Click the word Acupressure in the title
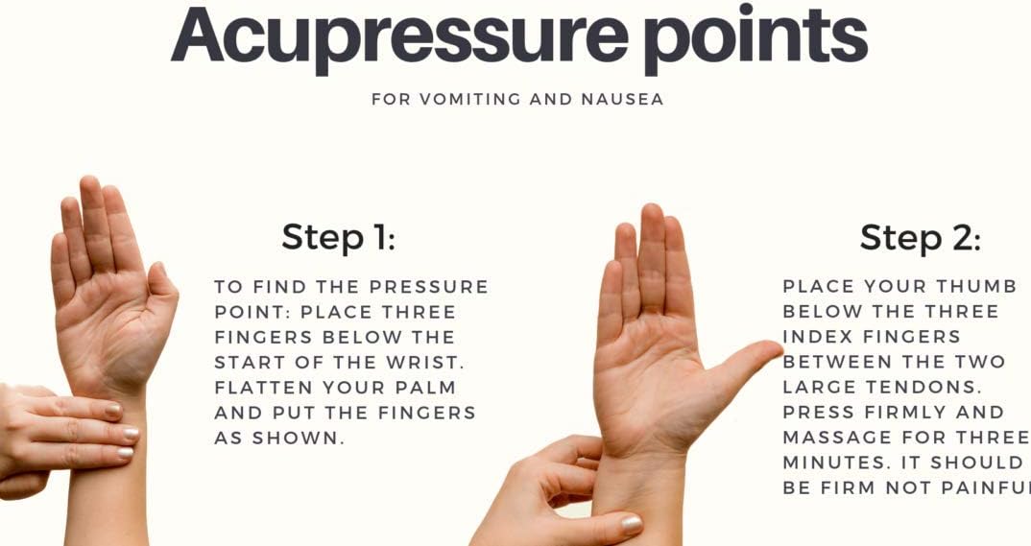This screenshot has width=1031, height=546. tap(399, 37)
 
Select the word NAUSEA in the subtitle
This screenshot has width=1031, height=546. tap(622, 99)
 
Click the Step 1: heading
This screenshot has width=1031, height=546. tap(339, 237)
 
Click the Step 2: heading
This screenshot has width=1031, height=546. tap(920, 237)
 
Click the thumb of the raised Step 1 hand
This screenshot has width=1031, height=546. tap(159, 296)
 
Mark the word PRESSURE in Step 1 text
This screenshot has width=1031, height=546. tap(429, 287)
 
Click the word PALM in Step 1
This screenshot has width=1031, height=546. tap(425, 388)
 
